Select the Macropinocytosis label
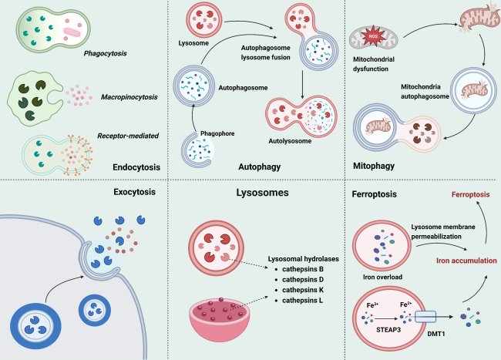click(x=129, y=98)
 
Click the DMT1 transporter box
click(x=424, y=317)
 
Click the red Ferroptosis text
click(x=449, y=218)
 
